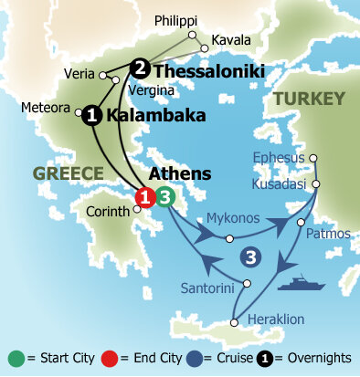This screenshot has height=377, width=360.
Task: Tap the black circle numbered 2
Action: click(140, 68)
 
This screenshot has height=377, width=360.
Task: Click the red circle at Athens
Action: click(144, 197)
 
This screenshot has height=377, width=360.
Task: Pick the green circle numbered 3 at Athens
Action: click(164, 196)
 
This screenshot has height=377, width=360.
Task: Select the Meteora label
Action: click(47, 107)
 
